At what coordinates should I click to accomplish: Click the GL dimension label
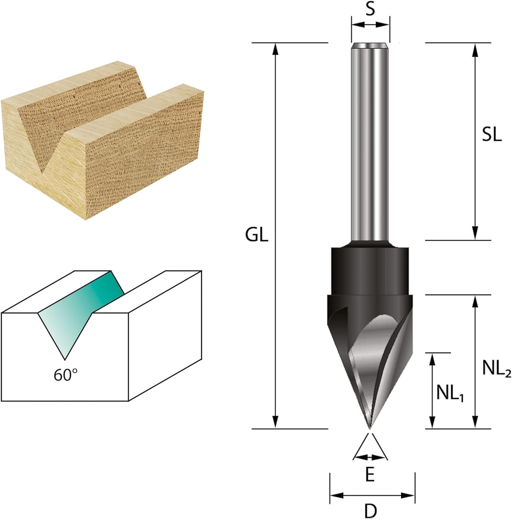click(x=257, y=236)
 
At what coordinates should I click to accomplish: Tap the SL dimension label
click(x=492, y=136)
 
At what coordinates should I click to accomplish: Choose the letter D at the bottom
click(x=370, y=510)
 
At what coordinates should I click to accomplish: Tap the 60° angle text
click(x=65, y=374)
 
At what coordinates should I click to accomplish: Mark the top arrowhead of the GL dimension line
click(x=275, y=49)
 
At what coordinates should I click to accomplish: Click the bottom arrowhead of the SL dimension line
click(x=475, y=234)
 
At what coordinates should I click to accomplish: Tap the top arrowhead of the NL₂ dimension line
click(x=475, y=301)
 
